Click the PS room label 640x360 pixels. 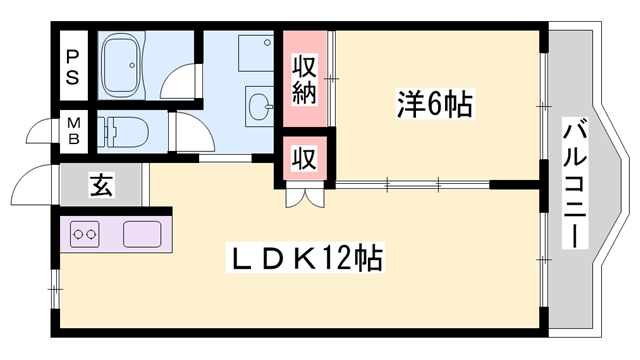pyautogui.click(x=74, y=65)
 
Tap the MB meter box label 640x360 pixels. pyautogui.click(x=74, y=131)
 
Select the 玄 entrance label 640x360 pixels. pyautogui.click(x=101, y=184)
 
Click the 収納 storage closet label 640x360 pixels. pyautogui.click(x=305, y=80)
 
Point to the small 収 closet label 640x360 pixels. pyautogui.click(x=303, y=157)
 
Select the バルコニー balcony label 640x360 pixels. pyautogui.click(x=574, y=180)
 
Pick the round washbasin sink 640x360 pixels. pyautogui.click(x=260, y=103)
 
